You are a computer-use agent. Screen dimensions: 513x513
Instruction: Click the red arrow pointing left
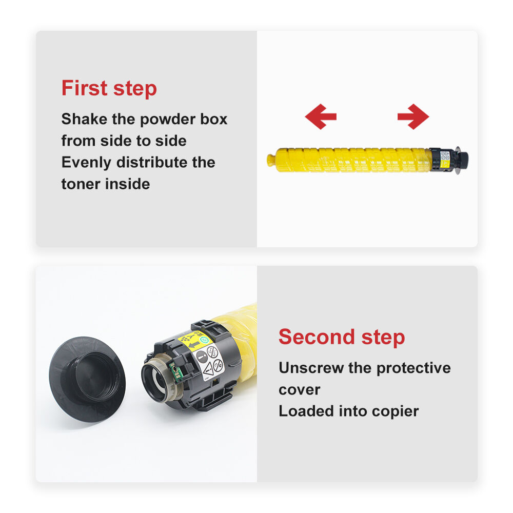pyautogui.click(x=320, y=116)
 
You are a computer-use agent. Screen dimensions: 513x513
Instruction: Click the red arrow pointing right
pyautogui.click(x=413, y=116)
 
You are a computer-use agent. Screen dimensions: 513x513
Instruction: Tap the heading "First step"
pyautogui.click(x=109, y=88)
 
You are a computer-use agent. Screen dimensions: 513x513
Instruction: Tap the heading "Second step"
pyautogui.click(x=342, y=337)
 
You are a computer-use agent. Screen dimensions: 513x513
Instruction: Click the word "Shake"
pyautogui.click(x=84, y=119)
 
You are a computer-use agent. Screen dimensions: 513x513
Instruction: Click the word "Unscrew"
pyautogui.click(x=311, y=368)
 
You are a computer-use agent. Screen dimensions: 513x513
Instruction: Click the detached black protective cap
pyautogui.click(x=87, y=379)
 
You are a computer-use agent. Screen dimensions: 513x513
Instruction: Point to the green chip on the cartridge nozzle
pyautogui.click(x=175, y=371)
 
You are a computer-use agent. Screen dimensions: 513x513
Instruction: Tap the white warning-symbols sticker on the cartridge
pyautogui.click(x=208, y=363)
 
